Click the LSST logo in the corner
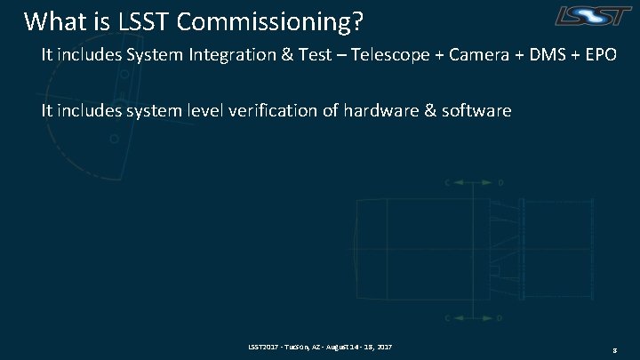[591, 15]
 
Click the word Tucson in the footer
[294, 345]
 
